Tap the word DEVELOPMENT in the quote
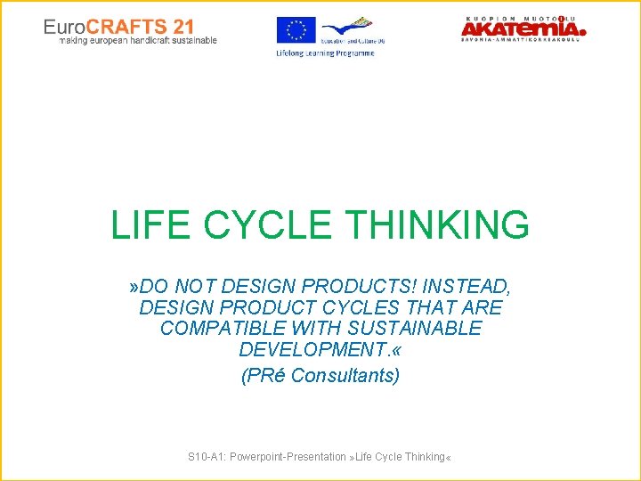(314, 350)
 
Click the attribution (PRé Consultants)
(320, 375)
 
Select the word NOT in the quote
(194, 286)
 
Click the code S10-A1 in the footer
(206, 457)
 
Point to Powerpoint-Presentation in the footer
(288, 457)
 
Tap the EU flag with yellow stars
(296, 31)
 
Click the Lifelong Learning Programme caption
(325, 53)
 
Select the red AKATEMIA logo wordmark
(523, 30)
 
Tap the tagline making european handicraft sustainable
(138, 41)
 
